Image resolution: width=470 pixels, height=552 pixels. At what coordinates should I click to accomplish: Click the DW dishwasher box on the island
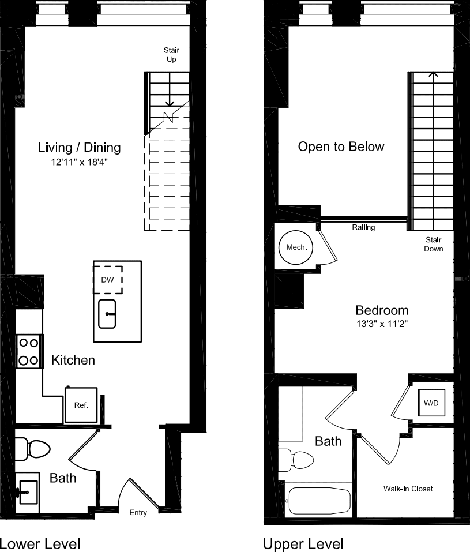pyautogui.click(x=108, y=280)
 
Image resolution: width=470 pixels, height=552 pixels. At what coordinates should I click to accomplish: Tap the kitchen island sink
pyautogui.click(x=107, y=314)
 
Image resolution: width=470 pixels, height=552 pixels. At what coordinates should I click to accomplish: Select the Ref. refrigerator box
pyautogui.click(x=81, y=405)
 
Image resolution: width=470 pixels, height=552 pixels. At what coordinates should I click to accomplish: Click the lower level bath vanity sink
pyautogui.click(x=27, y=492)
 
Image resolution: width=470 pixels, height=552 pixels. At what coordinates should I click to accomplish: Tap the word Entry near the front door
pyautogui.click(x=138, y=513)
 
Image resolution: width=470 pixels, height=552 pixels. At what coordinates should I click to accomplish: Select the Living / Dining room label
pyautogui.click(x=80, y=147)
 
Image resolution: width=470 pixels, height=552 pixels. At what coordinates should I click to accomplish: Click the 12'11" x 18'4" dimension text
pyautogui.click(x=79, y=163)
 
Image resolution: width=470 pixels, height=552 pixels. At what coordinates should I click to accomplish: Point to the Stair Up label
pyautogui.click(x=171, y=55)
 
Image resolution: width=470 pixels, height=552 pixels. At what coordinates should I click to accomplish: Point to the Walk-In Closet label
pyautogui.click(x=408, y=489)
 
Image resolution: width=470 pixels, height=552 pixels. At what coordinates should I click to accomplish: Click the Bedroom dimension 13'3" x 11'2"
pyautogui.click(x=382, y=324)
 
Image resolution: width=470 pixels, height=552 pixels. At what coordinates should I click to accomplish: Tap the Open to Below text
pyautogui.click(x=341, y=147)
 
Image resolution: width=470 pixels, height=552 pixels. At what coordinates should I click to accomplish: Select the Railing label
pyautogui.click(x=363, y=227)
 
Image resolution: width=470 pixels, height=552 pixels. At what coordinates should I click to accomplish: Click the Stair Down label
pyautogui.click(x=434, y=244)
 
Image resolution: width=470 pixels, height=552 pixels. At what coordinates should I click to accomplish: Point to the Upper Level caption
pyautogui.click(x=303, y=543)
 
